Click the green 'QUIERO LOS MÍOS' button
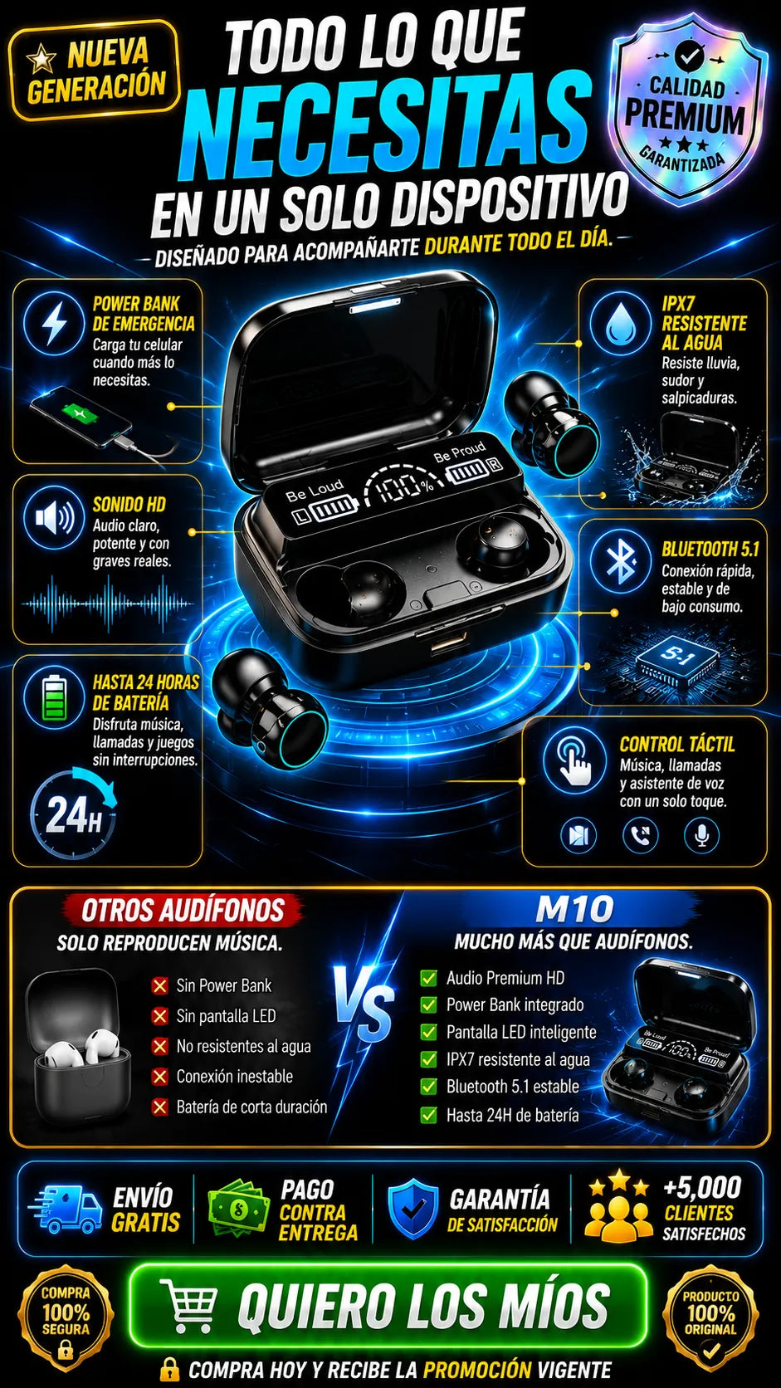point(388,1303)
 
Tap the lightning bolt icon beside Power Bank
point(54,324)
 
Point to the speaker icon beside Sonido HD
point(54,517)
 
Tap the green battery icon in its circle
point(54,697)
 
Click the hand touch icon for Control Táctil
point(574,759)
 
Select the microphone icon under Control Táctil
point(701,834)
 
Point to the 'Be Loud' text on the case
point(314,491)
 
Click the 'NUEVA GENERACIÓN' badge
point(94,71)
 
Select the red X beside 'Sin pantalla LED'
point(160,1015)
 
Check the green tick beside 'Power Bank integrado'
point(428,1004)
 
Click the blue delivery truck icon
point(66,1209)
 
